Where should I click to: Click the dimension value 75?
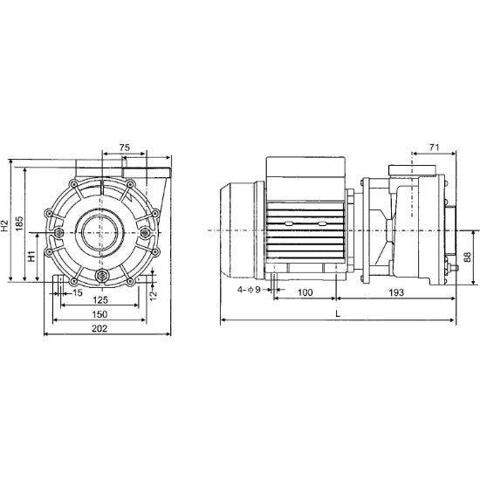coord(125,147)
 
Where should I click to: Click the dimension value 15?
coord(78,291)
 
